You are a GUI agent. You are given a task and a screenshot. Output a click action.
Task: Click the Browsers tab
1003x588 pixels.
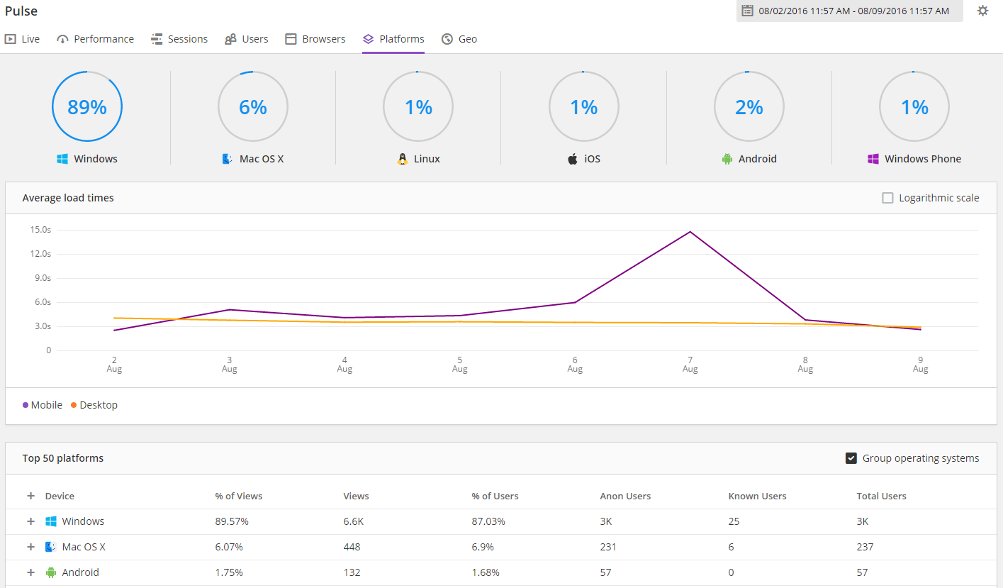point(315,39)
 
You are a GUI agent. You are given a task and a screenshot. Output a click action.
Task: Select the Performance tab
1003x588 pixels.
point(95,39)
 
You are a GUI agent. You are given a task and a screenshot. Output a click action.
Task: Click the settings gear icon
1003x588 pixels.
point(982,11)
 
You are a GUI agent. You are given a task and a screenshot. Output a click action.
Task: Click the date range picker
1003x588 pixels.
point(849,11)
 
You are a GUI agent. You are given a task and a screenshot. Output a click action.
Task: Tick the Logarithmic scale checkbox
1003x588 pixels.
point(887,198)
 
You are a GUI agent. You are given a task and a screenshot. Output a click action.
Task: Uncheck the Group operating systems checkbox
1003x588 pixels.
point(851,458)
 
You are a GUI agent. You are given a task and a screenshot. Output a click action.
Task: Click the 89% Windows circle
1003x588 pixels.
point(87,107)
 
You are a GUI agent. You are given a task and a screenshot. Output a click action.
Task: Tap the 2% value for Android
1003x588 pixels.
point(749,107)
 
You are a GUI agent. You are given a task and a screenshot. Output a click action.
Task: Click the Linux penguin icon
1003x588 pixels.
point(403,159)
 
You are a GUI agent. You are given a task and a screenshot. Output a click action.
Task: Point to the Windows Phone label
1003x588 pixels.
point(922,159)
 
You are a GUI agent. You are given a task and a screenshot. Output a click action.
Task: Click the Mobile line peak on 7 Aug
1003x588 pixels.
point(690,232)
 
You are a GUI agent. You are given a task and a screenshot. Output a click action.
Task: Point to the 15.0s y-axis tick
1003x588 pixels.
point(40,230)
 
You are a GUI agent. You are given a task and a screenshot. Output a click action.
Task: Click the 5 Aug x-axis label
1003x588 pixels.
point(459,364)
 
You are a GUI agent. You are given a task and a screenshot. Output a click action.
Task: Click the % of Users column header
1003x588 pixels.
point(495,496)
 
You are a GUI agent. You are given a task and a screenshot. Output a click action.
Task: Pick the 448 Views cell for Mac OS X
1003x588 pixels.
point(352,547)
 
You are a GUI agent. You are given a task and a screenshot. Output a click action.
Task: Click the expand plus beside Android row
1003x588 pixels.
point(30,572)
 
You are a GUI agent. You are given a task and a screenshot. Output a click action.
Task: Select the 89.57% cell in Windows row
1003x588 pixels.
point(232,521)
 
